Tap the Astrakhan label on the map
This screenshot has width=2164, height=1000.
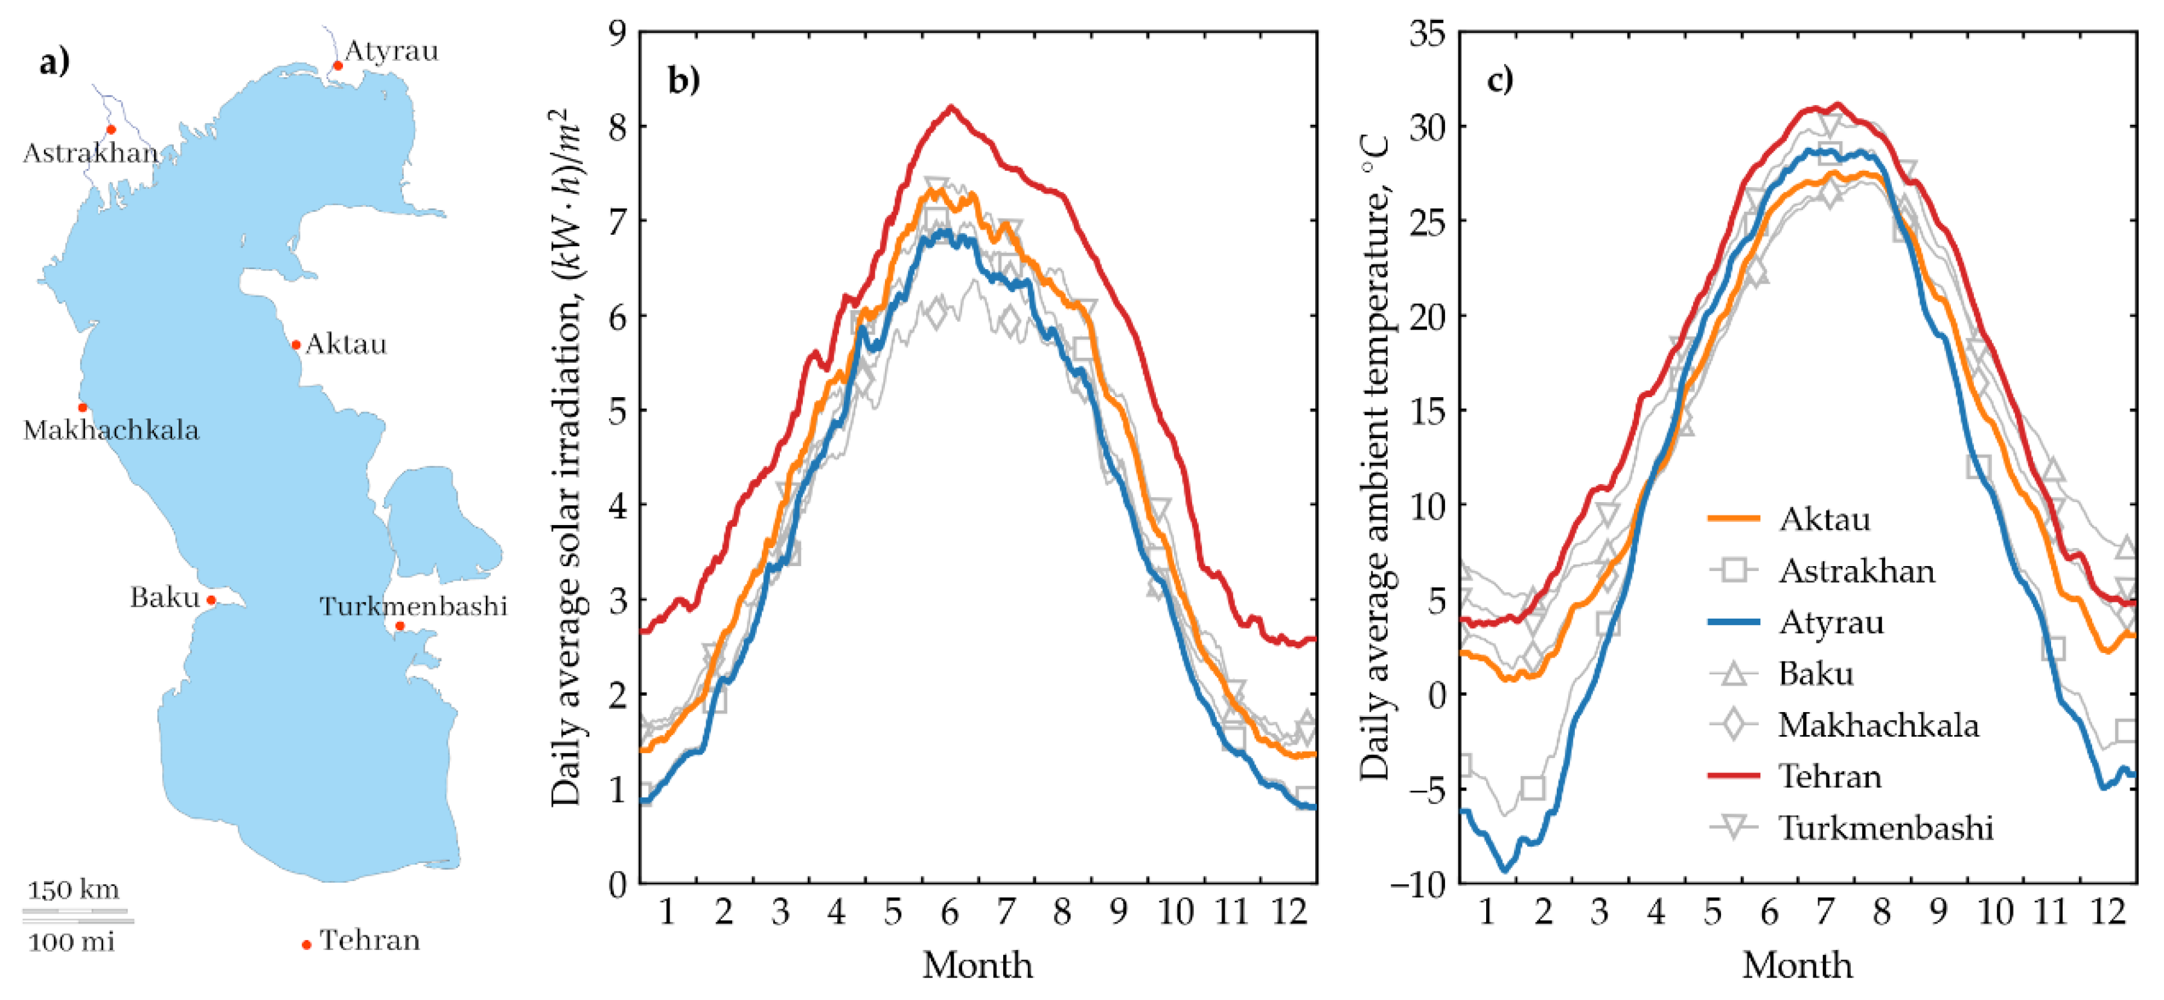pos(91,153)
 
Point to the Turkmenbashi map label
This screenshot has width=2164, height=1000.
pos(413,606)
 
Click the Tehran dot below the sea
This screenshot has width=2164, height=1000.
pos(307,944)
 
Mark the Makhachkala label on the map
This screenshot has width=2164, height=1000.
pos(111,430)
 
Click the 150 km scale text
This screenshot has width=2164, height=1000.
pos(73,889)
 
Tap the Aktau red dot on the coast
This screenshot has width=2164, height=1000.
pos(296,344)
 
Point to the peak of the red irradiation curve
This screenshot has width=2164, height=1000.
pos(951,107)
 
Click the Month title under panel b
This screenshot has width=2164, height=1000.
pos(978,965)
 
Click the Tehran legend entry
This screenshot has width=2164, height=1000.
pos(1830,776)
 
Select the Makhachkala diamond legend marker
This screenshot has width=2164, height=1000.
pos(1734,725)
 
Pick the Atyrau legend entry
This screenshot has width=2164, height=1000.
pos(1831,622)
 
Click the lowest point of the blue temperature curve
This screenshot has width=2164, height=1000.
pos(1505,870)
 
